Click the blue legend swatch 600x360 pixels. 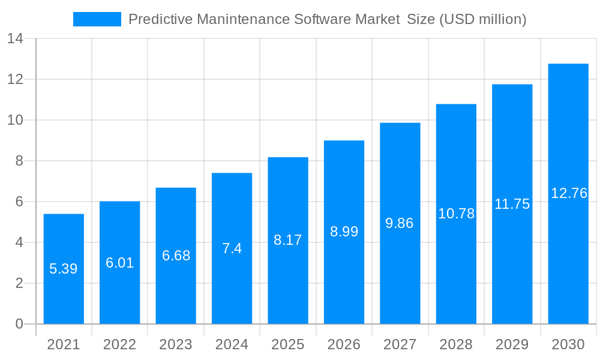tap(97, 19)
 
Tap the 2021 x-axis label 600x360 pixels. tap(63, 344)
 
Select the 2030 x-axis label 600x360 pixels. tap(568, 344)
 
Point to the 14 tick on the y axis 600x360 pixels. tap(15, 39)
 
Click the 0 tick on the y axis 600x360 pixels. tap(19, 324)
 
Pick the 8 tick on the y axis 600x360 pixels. tap(19, 161)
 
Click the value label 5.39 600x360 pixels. tap(63, 269)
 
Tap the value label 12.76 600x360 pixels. tap(568, 193)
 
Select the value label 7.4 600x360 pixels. tap(232, 248)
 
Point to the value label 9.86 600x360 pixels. tap(400, 223)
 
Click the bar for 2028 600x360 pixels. tap(456, 270)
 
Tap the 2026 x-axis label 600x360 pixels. tap(344, 344)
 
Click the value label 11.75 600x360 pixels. tap(512, 204)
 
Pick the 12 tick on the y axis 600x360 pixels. tap(15, 79)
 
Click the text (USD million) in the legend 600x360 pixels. tap(483, 19)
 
